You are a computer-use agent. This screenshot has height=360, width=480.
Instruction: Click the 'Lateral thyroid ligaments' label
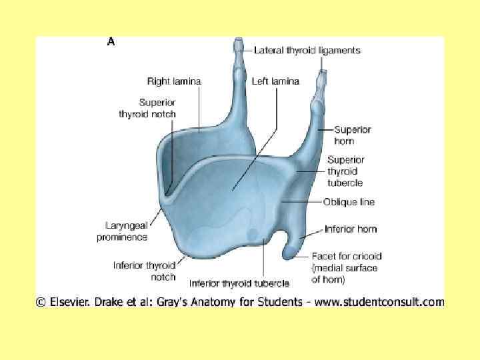307,50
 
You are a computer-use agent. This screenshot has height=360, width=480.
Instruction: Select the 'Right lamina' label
173,81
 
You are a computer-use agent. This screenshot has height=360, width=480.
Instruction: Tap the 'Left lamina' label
275,81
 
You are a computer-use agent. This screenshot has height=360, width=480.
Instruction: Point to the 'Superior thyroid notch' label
147,108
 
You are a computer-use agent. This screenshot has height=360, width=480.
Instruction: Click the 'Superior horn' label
352,135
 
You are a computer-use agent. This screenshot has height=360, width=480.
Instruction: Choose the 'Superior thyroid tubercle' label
345,171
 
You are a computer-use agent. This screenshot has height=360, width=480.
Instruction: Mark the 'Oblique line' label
349,201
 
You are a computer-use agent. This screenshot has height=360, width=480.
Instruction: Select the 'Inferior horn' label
351,229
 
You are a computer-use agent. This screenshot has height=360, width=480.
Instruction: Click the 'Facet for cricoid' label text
347,256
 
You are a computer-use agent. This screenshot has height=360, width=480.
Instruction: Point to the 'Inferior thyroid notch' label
145,271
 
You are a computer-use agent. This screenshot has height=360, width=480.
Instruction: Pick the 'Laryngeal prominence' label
122,231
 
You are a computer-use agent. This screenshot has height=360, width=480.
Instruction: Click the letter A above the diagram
111,41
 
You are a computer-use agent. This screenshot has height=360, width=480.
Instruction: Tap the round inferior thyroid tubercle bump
253,234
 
